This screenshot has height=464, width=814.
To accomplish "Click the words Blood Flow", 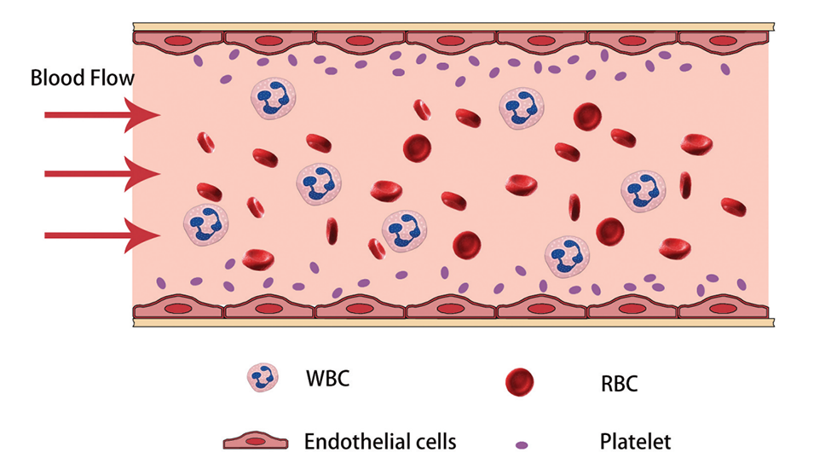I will pyautogui.click(x=82, y=79).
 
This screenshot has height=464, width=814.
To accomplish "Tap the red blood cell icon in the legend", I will pyautogui.click(x=519, y=383).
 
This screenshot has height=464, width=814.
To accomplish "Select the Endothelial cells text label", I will pyautogui.click(x=380, y=441).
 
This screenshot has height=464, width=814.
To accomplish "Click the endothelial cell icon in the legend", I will pyautogui.click(x=257, y=441).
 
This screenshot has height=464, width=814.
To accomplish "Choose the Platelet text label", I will pyautogui.click(x=635, y=442).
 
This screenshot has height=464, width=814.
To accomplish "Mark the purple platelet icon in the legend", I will pyautogui.click(x=521, y=444).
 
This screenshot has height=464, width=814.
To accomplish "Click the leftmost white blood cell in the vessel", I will pyautogui.click(x=205, y=223).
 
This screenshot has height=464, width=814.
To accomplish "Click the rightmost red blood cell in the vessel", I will pyautogui.click(x=733, y=207).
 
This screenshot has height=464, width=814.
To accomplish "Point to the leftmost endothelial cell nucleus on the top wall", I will pyautogui.click(x=176, y=39).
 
